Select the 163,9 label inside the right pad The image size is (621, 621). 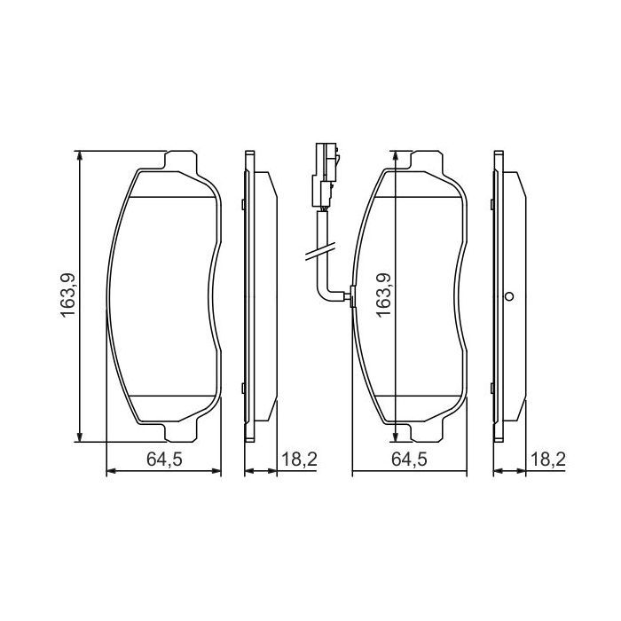click(384, 292)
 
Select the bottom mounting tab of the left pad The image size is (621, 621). click(179, 431)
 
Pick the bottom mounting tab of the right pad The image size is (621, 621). click(425, 431)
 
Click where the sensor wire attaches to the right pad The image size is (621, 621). click(352, 296)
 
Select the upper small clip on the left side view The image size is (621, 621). click(242, 206)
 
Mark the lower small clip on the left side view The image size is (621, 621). click(242, 386)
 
